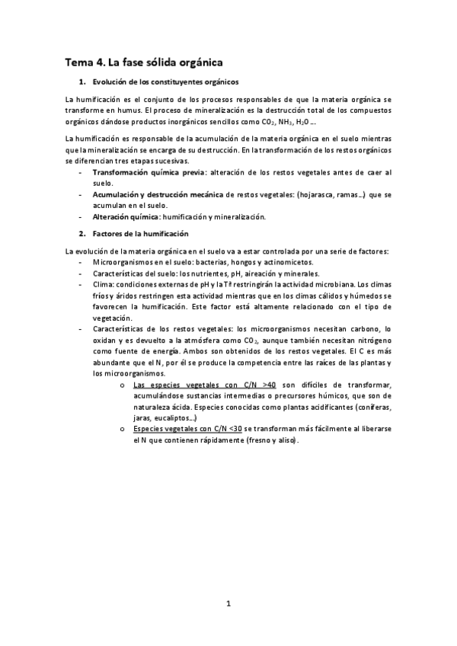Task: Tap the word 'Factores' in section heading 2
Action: [108, 233]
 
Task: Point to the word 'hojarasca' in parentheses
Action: [317, 195]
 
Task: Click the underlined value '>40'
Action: [267, 385]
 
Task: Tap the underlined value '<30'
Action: [232, 430]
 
